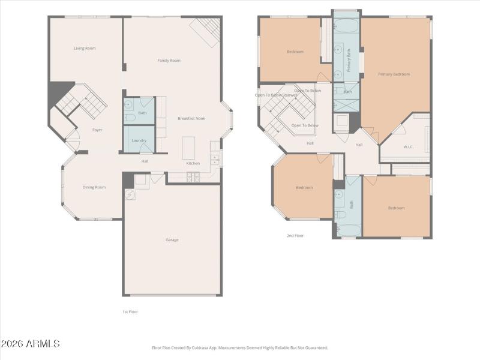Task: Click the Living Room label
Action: (85, 48)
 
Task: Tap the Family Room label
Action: (169, 61)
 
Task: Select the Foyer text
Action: (97, 130)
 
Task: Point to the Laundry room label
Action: (139, 140)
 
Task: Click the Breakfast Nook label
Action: (191, 118)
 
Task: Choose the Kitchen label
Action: (193, 163)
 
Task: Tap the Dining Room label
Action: (94, 187)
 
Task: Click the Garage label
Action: (172, 239)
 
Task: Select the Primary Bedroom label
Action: (394, 74)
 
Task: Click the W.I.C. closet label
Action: (409, 146)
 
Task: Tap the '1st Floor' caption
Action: (130, 311)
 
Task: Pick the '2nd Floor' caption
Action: (295, 236)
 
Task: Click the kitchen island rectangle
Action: (189, 148)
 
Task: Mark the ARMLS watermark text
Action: (30, 344)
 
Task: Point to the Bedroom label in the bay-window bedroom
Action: (304, 188)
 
